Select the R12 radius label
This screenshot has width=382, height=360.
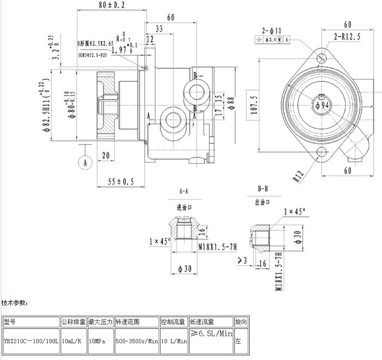(x=298, y=176)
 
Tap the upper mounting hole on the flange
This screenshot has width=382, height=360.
(x=323, y=58)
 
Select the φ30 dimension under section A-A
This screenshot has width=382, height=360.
(x=183, y=269)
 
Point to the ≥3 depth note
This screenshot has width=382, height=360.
(x=243, y=260)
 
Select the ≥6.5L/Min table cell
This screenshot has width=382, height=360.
(x=211, y=334)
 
